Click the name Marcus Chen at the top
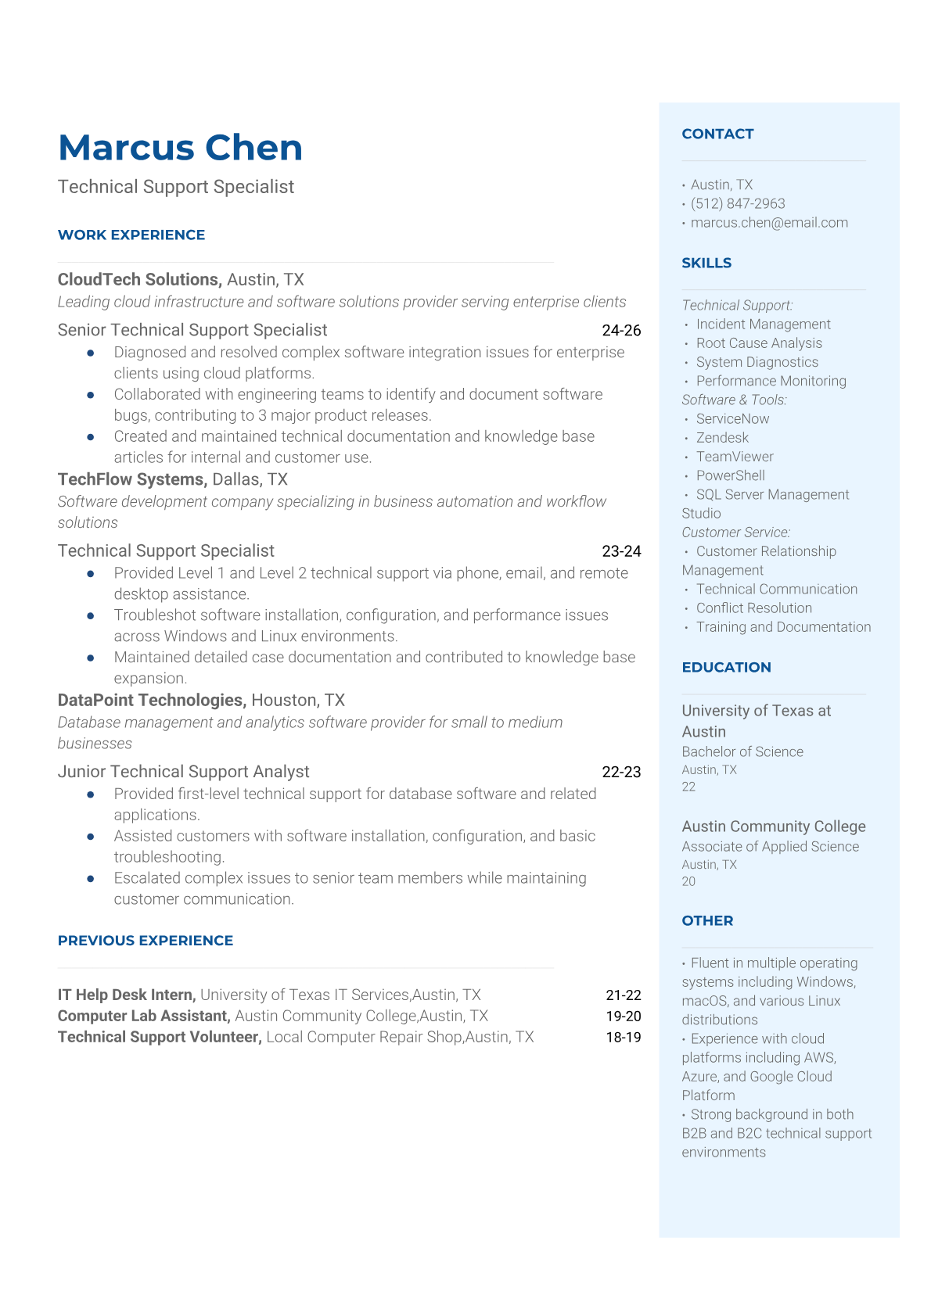(x=180, y=148)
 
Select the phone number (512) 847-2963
(x=737, y=203)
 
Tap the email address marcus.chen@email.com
(x=768, y=223)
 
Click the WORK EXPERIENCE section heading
(x=131, y=235)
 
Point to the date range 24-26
(x=621, y=331)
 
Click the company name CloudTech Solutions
(x=138, y=280)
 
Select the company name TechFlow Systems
(x=132, y=479)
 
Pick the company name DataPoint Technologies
(x=151, y=700)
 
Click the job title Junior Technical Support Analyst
(x=183, y=772)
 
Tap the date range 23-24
(x=621, y=551)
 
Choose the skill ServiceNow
(x=732, y=419)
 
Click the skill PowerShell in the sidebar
(x=730, y=475)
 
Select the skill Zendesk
(x=722, y=438)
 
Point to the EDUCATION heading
(x=726, y=667)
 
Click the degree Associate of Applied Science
(x=770, y=846)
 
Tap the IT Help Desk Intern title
(x=126, y=995)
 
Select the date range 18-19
(x=623, y=1037)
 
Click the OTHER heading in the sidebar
(x=707, y=920)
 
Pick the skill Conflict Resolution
(x=753, y=608)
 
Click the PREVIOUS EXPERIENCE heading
(x=146, y=941)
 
